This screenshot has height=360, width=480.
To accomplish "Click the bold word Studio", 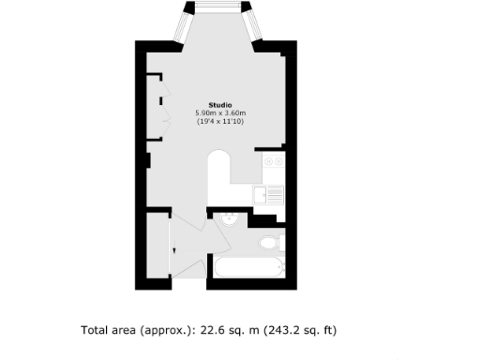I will (220, 104).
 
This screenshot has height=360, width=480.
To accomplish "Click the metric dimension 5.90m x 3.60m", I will (220, 112).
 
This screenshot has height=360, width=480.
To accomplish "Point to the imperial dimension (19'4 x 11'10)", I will (220, 122).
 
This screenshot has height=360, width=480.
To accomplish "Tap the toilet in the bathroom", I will (268, 243).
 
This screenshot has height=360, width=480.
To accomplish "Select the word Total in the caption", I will (97, 330).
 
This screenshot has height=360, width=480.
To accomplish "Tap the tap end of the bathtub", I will (277, 270).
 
